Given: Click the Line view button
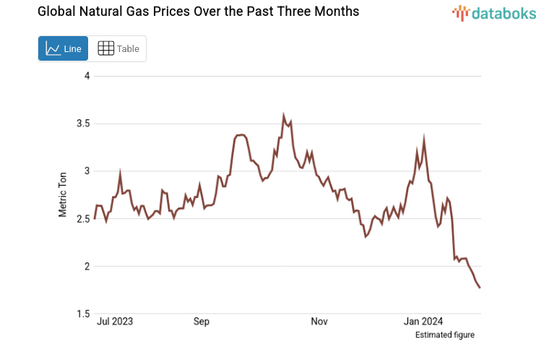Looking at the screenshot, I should [64, 48].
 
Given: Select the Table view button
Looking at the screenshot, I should [118, 48].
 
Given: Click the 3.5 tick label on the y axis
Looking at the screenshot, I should [82, 124].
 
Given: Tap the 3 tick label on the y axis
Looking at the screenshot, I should [87, 171].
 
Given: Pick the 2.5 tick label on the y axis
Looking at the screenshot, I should [82, 219].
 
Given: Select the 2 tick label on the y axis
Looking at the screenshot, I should [87, 267].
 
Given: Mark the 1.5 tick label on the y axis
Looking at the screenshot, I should [82, 314].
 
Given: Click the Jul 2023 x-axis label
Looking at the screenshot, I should [114, 321].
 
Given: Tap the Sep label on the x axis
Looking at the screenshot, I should [202, 321].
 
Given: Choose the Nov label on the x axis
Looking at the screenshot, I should [319, 321].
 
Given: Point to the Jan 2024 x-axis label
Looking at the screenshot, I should [423, 321].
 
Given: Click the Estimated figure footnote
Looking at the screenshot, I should [444, 335].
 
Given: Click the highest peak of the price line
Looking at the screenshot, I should [284, 115].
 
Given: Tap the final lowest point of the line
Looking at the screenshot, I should [480, 288].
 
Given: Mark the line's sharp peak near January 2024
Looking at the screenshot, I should [424, 137].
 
